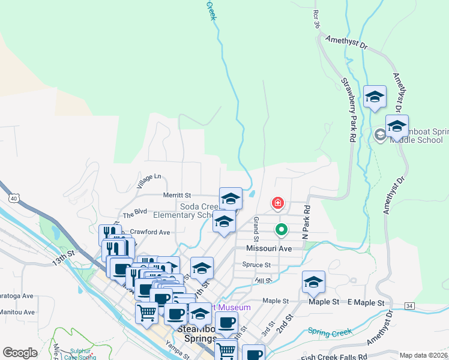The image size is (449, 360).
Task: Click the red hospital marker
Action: pos(277,203)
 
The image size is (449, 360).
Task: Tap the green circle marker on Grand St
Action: pos(280,229)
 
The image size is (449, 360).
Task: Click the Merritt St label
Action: pos(176,195)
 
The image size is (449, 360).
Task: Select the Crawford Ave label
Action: pos(150,232)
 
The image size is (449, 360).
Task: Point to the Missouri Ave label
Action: pos(268,248)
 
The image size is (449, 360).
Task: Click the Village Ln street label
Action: pos(149,181)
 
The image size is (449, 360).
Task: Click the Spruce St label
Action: pos(256,265)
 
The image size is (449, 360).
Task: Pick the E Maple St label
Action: pos(364,302)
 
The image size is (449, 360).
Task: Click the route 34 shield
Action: pos(409,306)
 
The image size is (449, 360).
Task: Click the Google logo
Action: pos(20,352)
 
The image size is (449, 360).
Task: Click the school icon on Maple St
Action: pos(313,283)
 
